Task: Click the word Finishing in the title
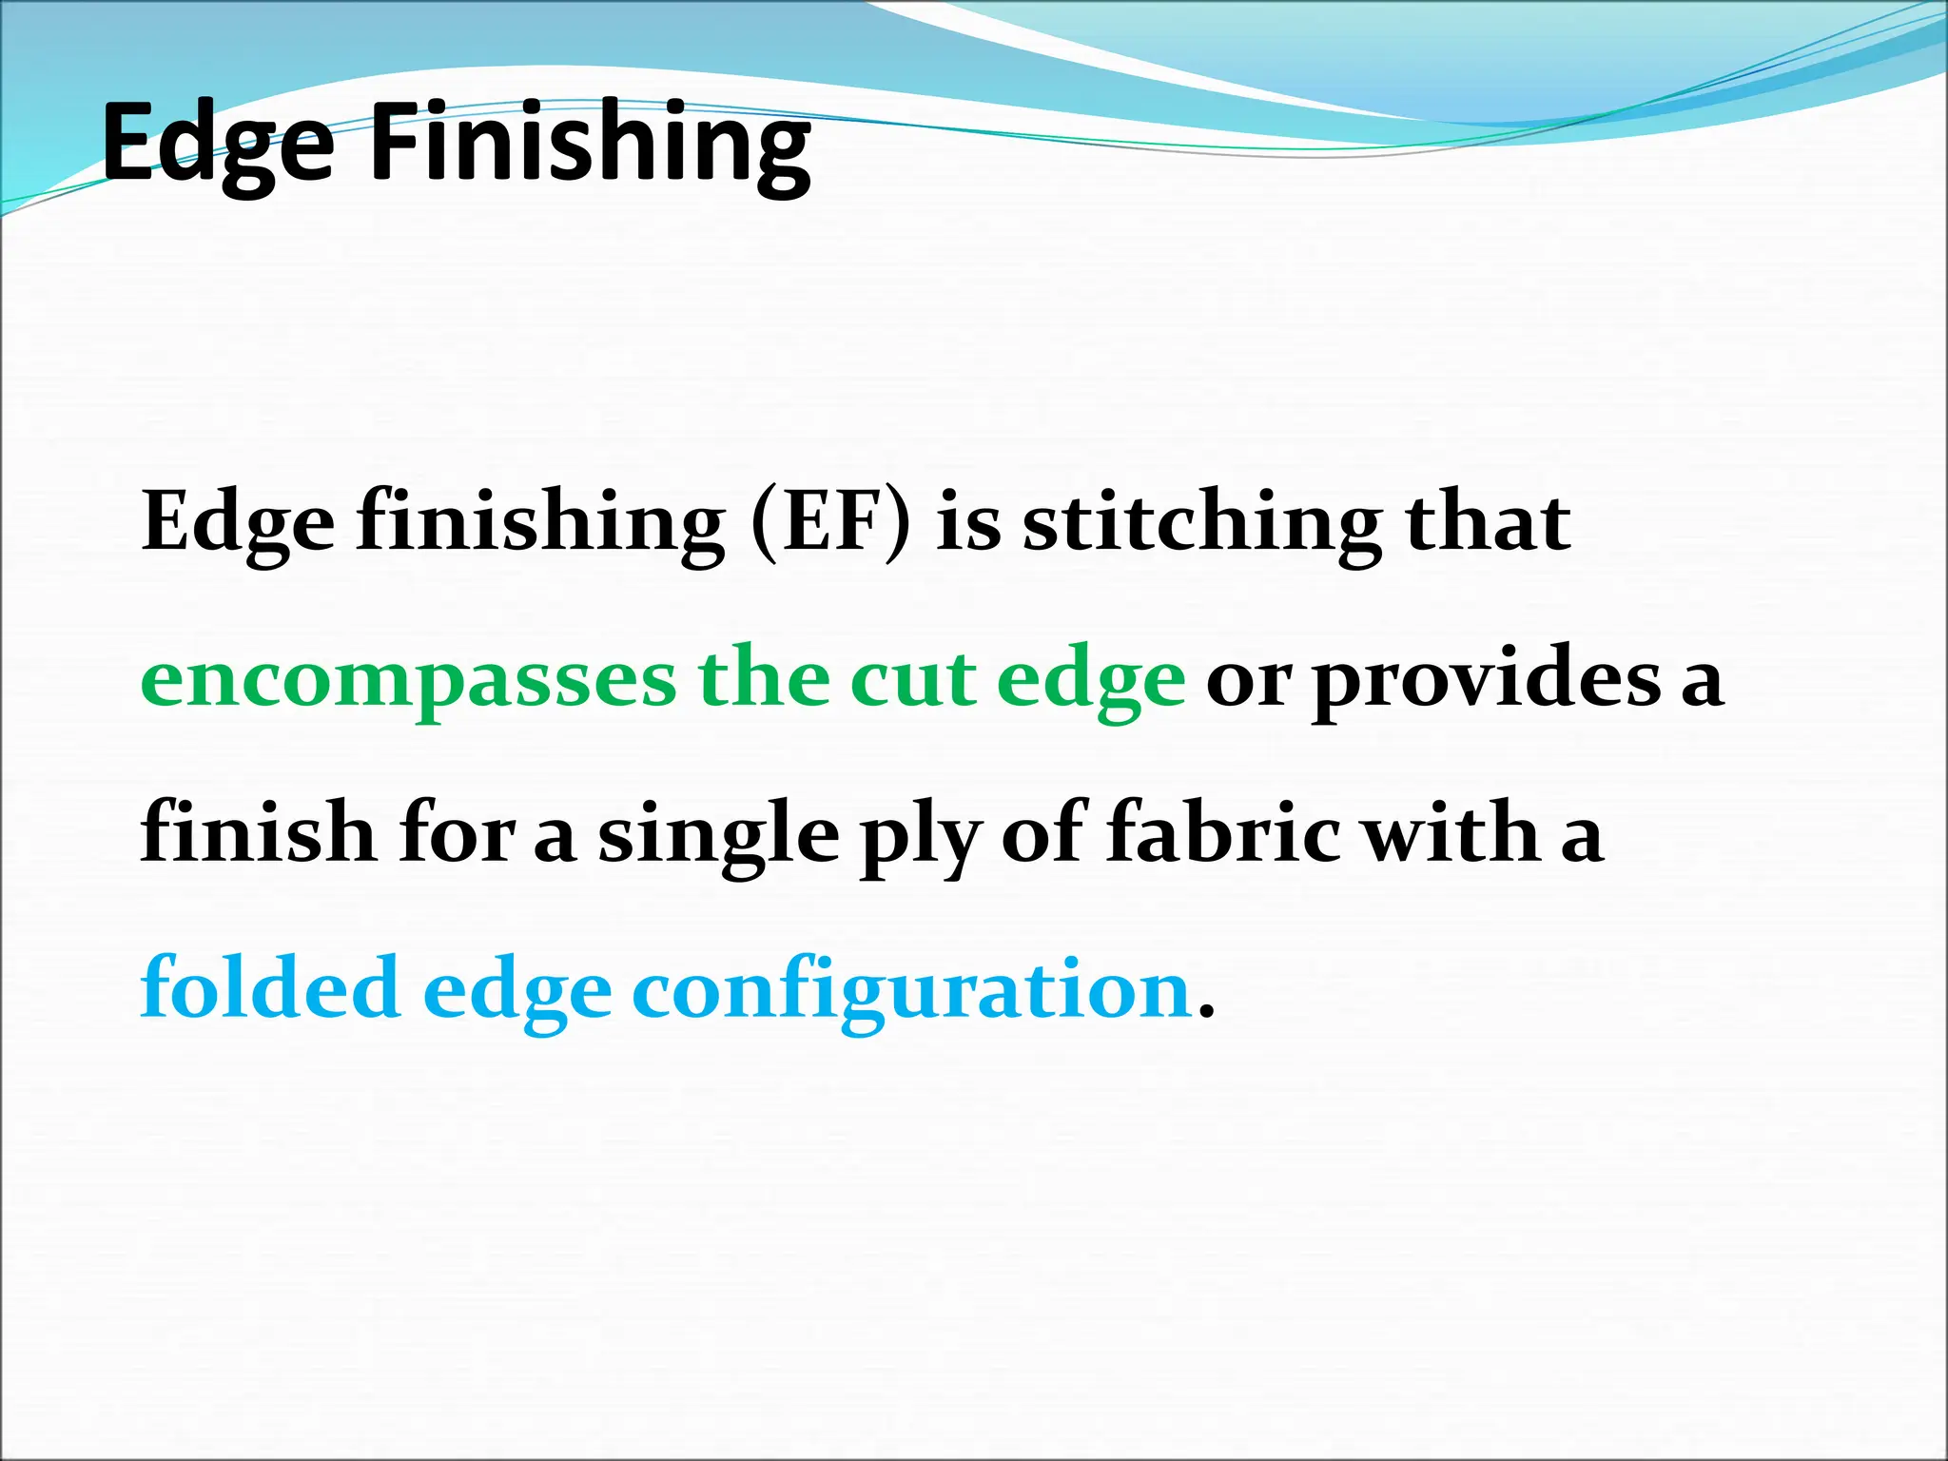click(590, 145)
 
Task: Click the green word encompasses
click(409, 683)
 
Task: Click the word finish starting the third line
click(258, 833)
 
